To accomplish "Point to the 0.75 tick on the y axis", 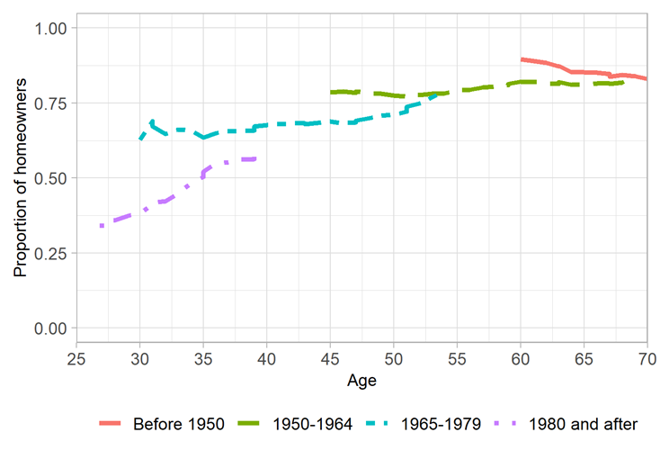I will pyautogui.click(x=51, y=103).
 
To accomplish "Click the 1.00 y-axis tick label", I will pyautogui.click(x=51, y=29).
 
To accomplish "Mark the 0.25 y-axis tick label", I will pyautogui.click(x=51, y=253).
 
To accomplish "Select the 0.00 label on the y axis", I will pyautogui.click(x=51, y=328).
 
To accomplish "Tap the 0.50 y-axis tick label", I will pyautogui.click(x=51, y=178).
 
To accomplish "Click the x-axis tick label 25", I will pyautogui.click(x=77, y=361).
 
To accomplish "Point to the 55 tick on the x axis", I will pyautogui.click(x=457, y=361).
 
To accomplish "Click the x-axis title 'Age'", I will pyautogui.click(x=361, y=381).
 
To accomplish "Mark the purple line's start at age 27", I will pyautogui.click(x=103, y=226).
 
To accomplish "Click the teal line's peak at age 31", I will pyautogui.click(x=153, y=121).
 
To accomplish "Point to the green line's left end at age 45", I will pyautogui.click(x=331, y=93).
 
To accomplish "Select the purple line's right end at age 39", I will pyautogui.click(x=254, y=159).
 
